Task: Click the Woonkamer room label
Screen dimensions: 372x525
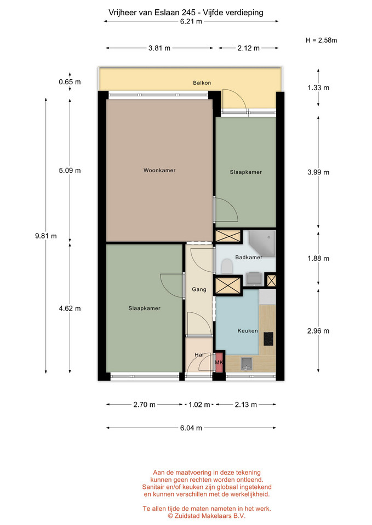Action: [159, 170]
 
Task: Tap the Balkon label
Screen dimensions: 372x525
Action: [202, 83]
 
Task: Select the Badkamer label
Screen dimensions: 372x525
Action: [249, 257]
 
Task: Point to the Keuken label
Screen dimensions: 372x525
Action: [248, 330]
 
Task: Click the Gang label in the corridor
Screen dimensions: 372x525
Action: [199, 289]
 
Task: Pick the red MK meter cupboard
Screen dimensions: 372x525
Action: [219, 362]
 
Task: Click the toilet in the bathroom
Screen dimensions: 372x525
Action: [227, 267]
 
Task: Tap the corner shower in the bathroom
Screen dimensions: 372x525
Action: [262, 244]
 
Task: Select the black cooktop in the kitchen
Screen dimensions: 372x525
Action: [268, 339]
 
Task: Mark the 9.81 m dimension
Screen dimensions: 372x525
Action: [46, 236]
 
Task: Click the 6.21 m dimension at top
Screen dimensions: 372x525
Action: [191, 21]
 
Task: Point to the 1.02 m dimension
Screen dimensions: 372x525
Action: [199, 405]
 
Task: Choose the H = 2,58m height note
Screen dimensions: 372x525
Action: [322, 40]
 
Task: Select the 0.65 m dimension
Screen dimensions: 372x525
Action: [70, 81]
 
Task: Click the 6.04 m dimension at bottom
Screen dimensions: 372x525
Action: [191, 428]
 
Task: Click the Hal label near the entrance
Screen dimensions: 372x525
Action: [199, 354]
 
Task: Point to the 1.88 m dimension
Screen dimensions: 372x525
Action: [318, 258]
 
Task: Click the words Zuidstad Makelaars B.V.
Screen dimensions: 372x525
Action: [210, 516]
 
